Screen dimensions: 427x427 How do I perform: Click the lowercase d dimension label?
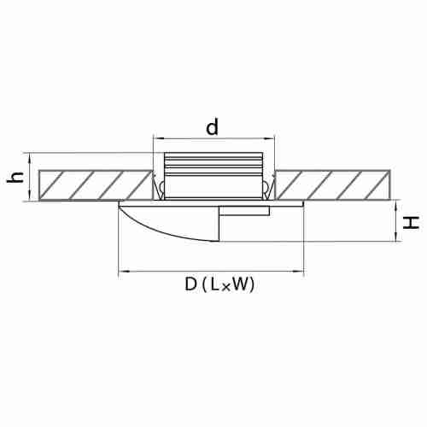[x=213, y=127]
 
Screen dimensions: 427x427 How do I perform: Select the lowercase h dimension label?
[x=15, y=178]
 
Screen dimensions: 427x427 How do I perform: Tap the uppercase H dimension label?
[x=411, y=222]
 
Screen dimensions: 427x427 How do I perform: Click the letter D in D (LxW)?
[x=191, y=284]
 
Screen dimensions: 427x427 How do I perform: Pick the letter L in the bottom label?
[x=215, y=284]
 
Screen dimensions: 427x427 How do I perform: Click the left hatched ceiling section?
[x=96, y=185]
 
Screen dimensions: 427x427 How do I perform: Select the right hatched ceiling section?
[x=333, y=185]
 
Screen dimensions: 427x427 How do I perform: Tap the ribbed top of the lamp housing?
[x=213, y=164]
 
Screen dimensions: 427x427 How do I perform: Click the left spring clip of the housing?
[x=159, y=186]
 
